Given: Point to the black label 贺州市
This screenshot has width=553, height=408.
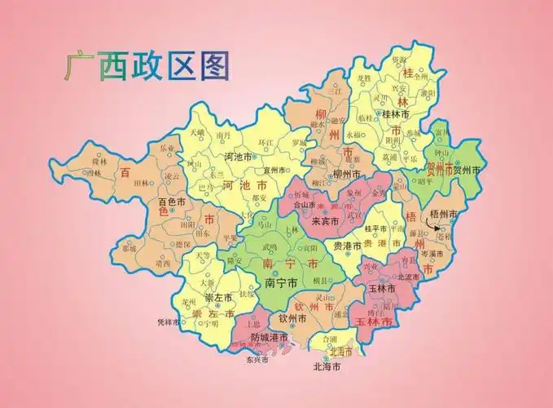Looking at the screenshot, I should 467,171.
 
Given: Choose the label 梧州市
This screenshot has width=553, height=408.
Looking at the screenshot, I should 445,214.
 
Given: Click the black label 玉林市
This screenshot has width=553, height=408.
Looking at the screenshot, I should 381,289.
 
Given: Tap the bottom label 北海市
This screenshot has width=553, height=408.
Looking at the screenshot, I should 327,366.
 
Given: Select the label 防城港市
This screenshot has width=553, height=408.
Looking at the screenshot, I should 269,337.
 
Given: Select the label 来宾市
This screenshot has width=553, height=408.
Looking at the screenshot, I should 327,221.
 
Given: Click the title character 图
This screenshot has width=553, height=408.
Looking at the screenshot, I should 213,64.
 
